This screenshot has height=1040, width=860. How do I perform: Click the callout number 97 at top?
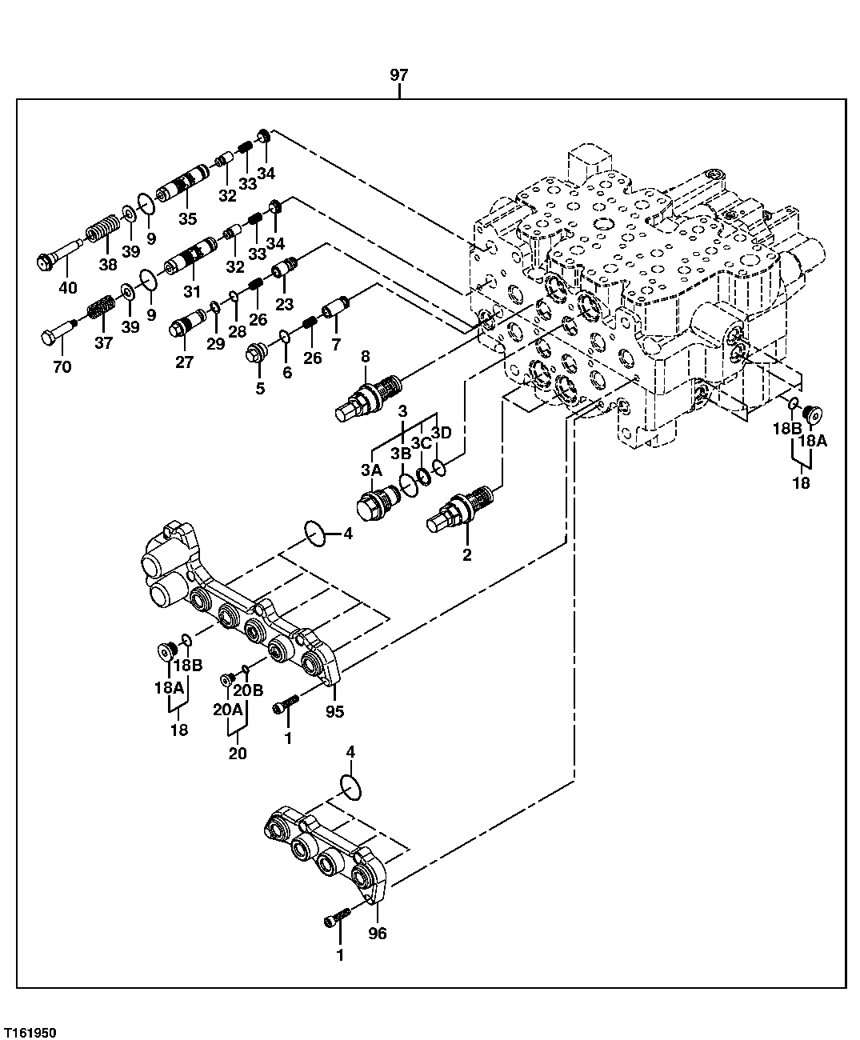tap(399, 75)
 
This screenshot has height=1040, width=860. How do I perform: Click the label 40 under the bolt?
tap(68, 288)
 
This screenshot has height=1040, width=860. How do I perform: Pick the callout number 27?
tap(184, 362)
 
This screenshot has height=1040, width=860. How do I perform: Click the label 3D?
tap(442, 433)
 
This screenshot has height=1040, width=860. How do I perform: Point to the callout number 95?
tap(334, 710)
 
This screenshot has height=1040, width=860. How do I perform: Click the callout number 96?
tap(377, 934)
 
